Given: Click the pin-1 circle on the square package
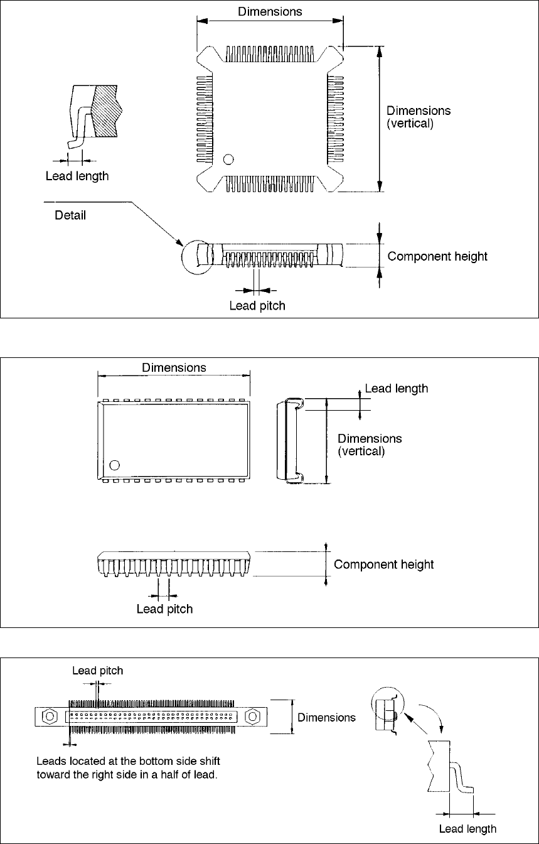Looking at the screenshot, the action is pos(228,160).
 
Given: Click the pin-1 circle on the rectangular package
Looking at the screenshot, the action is pos(114,465).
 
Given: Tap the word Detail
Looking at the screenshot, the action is pos(70,215).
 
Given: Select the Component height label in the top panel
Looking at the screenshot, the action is pos(437,257).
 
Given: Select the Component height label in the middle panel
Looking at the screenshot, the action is pos(383,565).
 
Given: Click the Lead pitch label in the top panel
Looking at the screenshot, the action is pos(257,306).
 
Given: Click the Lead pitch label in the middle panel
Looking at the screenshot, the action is pos(164,609).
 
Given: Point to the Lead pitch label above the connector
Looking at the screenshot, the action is pos(98,671).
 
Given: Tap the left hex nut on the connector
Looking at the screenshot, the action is pos(50,716).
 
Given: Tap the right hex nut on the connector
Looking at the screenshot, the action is pos(253,716).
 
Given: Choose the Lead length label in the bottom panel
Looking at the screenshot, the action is pos(467,829).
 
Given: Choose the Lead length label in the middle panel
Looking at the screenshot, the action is pos(397,389).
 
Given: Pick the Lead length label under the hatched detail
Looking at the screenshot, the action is pos(77,176).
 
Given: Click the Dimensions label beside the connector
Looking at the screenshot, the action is pos(326,717).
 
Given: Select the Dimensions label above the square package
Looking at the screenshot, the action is pos(270,12).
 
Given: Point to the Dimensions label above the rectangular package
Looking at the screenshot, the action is pos(174,368).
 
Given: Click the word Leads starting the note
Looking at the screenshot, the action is pos(50,761).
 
